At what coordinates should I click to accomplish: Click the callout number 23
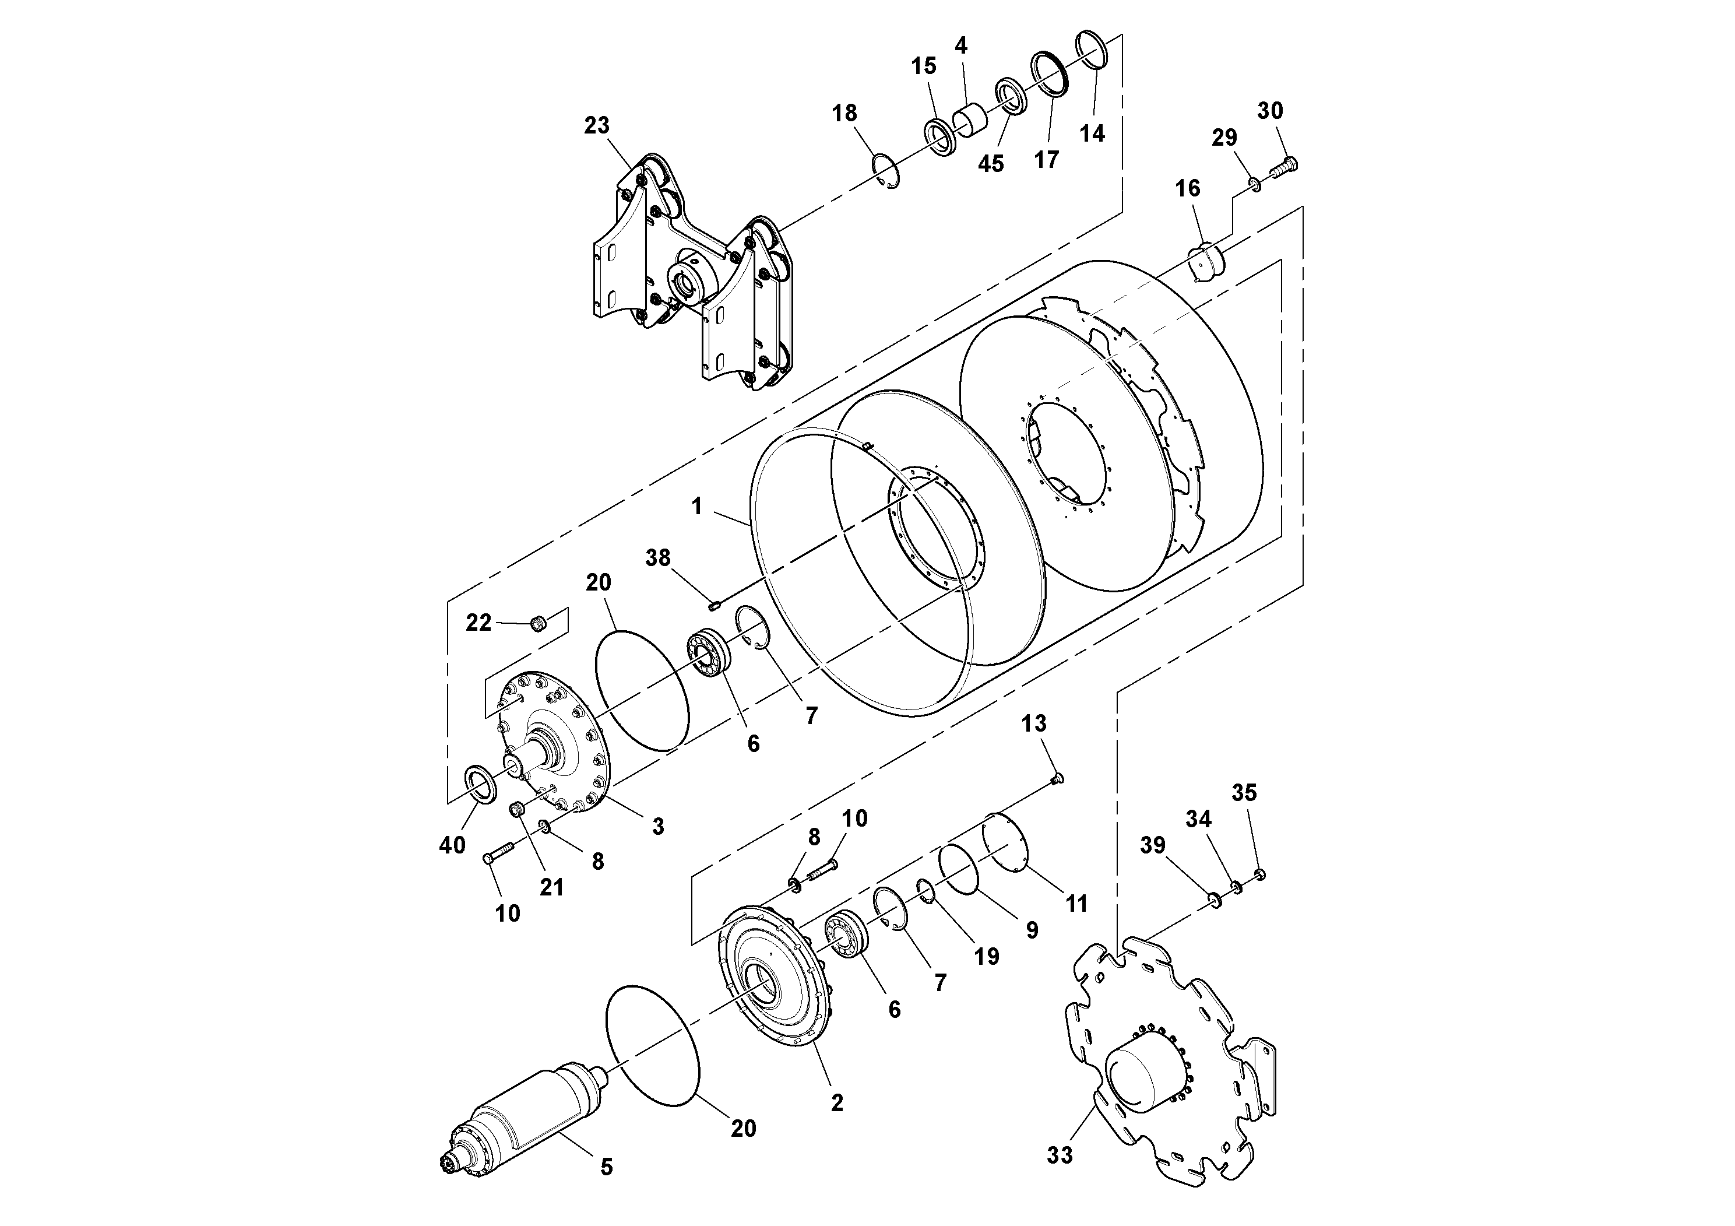(x=596, y=125)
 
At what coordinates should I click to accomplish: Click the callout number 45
(x=991, y=164)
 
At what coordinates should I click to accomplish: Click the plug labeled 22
(x=538, y=624)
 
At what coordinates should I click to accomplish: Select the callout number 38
(x=657, y=558)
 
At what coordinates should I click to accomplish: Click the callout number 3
(x=657, y=826)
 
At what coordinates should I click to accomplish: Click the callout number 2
(x=836, y=1103)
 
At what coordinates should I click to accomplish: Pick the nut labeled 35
(x=1259, y=874)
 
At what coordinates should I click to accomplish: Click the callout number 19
(x=986, y=957)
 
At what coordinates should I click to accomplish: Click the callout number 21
(x=552, y=887)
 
